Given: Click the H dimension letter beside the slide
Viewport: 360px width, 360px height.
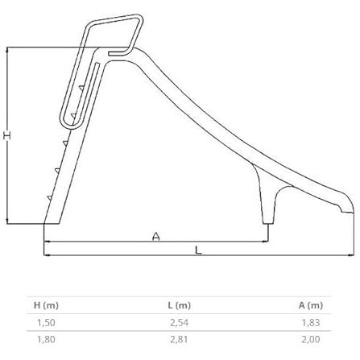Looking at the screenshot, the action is (x=7, y=135).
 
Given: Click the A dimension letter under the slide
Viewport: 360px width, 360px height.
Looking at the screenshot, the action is (x=156, y=236).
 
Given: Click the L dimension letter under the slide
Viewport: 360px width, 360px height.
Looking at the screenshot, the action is (x=198, y=250).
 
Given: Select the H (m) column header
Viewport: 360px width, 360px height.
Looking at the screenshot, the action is (x=46, y=305).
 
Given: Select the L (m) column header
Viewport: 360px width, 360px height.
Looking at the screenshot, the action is (x=179, y=305).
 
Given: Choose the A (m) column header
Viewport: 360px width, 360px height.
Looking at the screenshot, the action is (x=311, y=305).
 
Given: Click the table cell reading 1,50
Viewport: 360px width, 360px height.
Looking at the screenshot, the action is (x=46, y=322).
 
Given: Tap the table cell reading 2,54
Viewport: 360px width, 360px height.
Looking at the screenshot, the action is (x=179, y=322).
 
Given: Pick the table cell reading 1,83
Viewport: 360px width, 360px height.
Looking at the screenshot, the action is (x=311, y=322).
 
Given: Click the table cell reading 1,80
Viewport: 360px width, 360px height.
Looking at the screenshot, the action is (x=46, y=339).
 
